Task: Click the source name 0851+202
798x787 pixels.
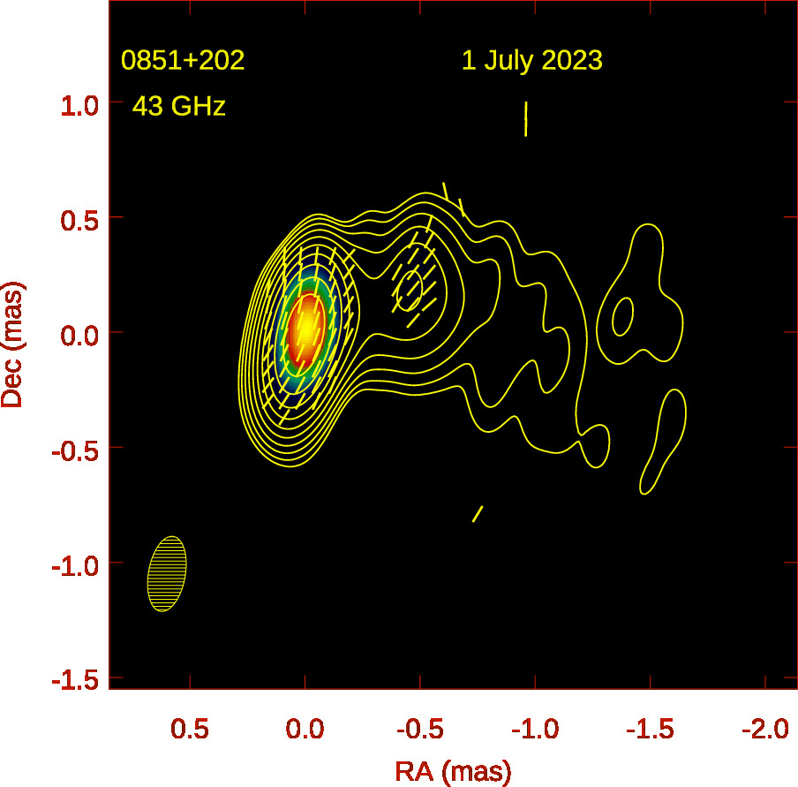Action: click(x=183, y=61)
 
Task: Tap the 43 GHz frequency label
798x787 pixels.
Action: click(x=179, y=107)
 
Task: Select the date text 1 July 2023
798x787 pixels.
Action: click(x=531, y=61)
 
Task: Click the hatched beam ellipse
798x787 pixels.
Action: click(x=167, y=574)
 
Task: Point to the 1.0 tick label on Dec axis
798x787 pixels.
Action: click(x=78, y=104)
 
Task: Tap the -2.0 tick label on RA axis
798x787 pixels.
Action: click(x=764, y=730)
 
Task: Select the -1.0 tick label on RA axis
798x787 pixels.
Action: click(x=533, y=730)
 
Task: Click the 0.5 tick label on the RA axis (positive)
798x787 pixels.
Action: click(x=189, y=730)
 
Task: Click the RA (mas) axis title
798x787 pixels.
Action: click(x=452, y=771)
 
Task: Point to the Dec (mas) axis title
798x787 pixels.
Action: click(x=13, y=344)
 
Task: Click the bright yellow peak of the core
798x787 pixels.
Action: click(x=305, y=327)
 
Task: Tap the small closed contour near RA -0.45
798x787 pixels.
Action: click(x=410, y=290)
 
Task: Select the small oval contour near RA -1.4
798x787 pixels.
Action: click(x=623, y=315)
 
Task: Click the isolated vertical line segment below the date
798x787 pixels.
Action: click(x=526, y=118)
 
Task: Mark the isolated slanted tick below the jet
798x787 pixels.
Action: click(x=478, y=514)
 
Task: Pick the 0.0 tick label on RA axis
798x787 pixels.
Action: click(x=305, y=730)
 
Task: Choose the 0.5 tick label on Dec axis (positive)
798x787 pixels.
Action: click(x=78, y=219)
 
